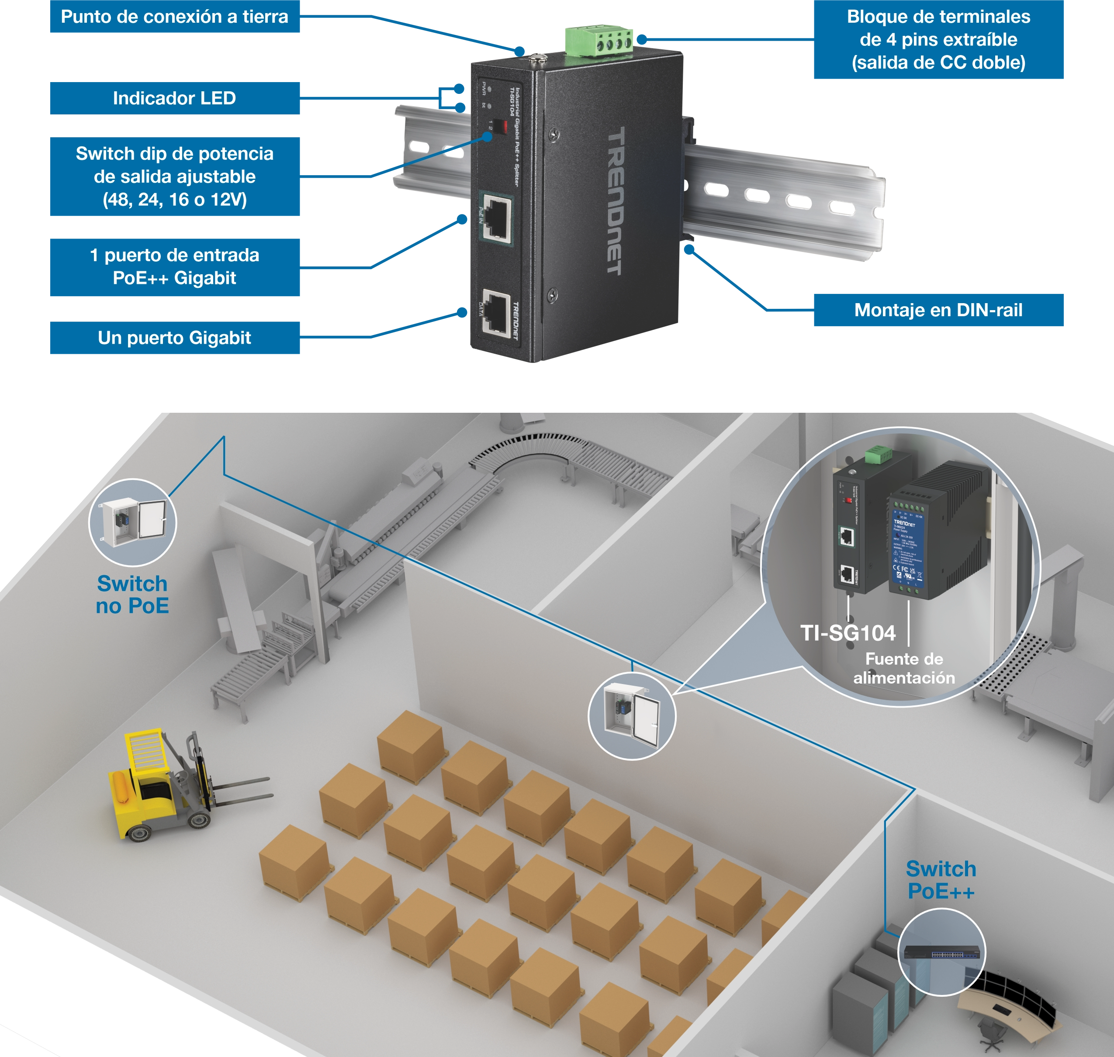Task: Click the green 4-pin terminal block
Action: tap(599, 41)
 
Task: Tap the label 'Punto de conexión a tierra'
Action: tap(174, 17)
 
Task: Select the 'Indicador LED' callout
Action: tap(174, 99)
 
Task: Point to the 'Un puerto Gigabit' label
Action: tap(174, 338)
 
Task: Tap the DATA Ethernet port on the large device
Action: tap(496, 315)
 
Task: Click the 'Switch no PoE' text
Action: tap(132, 595)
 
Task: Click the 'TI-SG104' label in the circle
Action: tap(848, 633)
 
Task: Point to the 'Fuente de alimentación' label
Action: tap(904, 668)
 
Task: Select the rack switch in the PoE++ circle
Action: tap(941, 952)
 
